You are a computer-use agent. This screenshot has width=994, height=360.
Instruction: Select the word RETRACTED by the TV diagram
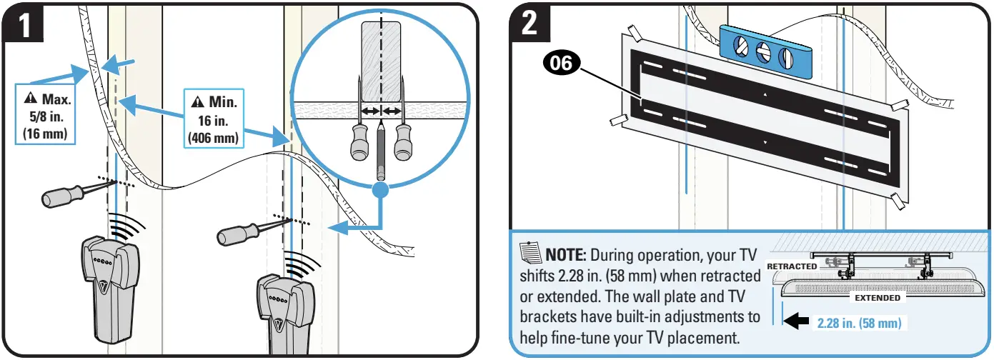click(x=791, y=266)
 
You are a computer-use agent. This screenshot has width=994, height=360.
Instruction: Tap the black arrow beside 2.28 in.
click(x=798, y=323)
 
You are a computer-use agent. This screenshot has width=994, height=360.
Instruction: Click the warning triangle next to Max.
click(x=29, y=98)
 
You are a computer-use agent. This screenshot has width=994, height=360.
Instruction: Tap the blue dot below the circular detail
click(x=382, y=190)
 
